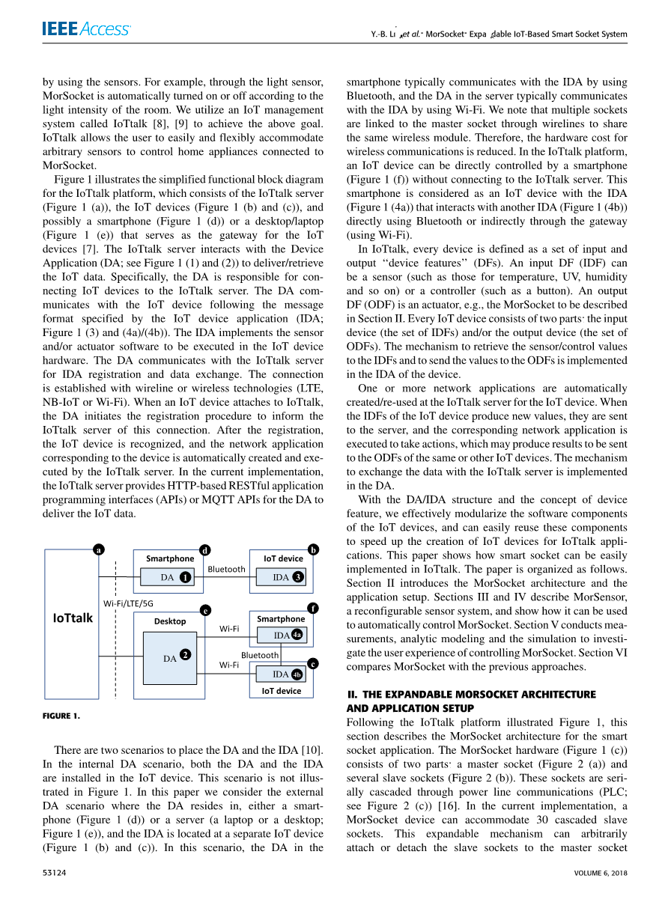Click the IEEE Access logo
tap(86, 29)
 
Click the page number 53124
tap(58, 872)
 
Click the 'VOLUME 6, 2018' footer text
tap(601, 872)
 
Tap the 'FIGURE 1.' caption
tap(61, 716)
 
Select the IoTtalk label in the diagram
tap(73, 618)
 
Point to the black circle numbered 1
tap(184, 577)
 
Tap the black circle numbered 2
tap(184, 653)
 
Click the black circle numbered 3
tap(298, 577)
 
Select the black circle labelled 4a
tap(297, 635)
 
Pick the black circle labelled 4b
tap(297, 674)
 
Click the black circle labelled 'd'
tap(206, 550)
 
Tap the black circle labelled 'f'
tap(313, 608)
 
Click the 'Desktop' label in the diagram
tap(170, 621)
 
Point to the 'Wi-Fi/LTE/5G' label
tap(128, 603)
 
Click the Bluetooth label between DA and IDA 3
tap(226, 570)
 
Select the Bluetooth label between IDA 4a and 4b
tap(260, 655)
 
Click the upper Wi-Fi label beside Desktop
tap(228, 630)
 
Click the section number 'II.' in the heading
tap(351, 695)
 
